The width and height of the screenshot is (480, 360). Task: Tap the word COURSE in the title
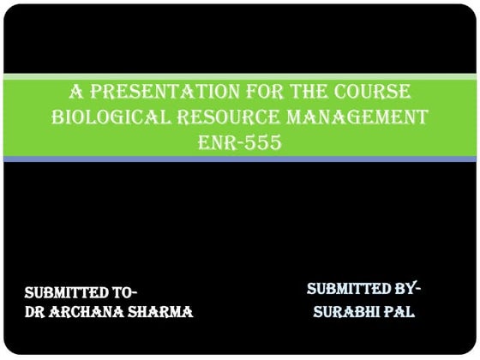368,92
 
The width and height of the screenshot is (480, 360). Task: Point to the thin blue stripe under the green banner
240,160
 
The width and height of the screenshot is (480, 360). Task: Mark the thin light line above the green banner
240,75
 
